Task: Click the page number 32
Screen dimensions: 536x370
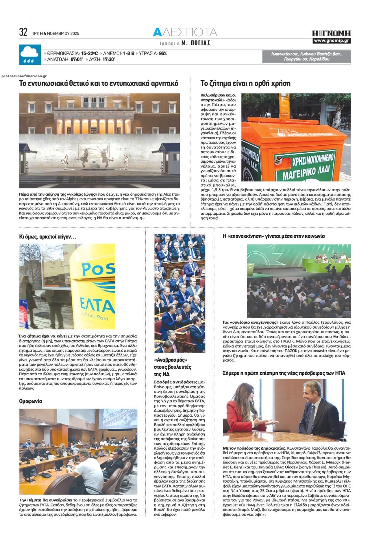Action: [23, 32]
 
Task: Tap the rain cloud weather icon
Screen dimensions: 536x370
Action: [30, 55]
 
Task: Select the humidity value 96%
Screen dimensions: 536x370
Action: [163, 53]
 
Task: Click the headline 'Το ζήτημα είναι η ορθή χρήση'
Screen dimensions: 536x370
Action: [245, 84]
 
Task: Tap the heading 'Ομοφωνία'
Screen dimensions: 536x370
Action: [31, 401]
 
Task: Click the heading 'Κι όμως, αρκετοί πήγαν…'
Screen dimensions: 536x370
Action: [47, 237]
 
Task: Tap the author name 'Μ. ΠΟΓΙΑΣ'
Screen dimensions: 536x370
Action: [196, 43]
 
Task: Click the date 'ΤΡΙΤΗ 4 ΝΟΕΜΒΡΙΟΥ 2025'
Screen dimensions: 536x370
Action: [56, 33]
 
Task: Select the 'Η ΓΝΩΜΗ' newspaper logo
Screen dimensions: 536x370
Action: [331, 33]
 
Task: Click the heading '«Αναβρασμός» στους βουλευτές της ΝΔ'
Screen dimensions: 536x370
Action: [173, 367]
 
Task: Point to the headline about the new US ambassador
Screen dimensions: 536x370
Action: [284, 373]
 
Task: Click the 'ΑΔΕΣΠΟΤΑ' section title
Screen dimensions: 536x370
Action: [185, 32]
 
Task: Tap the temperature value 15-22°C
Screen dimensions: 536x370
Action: [90, 53]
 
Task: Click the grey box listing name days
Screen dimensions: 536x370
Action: [306, 56]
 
